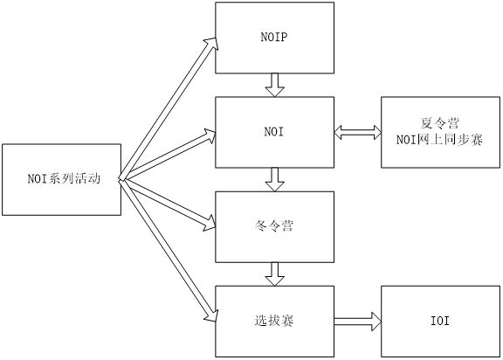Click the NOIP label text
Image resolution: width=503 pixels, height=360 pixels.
(x=274, y=38)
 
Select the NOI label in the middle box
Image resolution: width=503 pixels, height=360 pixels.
(x=274, y=132)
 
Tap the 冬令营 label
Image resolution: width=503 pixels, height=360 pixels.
(x=274, y=226)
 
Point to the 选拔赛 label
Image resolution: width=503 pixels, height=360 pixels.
(x=274, y=321)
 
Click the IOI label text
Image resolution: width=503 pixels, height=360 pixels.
(x=440, y=321)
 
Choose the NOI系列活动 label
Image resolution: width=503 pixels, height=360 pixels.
(x=64, y=179)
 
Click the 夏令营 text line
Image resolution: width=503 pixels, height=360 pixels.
(x=440, y=123)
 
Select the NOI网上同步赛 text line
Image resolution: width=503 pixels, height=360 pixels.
(x=440, y=140)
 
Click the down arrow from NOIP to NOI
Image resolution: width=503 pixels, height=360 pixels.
(x=274, y=85)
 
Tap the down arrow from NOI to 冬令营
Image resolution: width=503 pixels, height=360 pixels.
(x=274, y=180)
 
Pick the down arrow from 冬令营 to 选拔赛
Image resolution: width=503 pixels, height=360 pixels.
(x=274, y=274)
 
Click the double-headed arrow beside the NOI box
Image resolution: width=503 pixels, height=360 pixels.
(x=358, y=132)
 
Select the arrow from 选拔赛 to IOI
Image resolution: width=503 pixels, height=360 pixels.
(x=358, y=321)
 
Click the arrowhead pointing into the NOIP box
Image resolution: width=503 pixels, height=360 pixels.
(x=211, y=44)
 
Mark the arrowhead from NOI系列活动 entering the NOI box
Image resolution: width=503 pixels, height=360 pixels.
(x=210, y=135)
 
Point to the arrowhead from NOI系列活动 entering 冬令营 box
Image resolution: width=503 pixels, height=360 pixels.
(x=210, y=223)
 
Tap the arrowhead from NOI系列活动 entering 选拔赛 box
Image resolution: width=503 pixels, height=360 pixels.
(x=211, y=315)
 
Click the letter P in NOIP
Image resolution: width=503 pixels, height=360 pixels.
(x=284, y=38)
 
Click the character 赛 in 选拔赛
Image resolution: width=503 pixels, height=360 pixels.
(x=287, y=321)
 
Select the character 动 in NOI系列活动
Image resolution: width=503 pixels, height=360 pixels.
(x=94, y=179)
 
